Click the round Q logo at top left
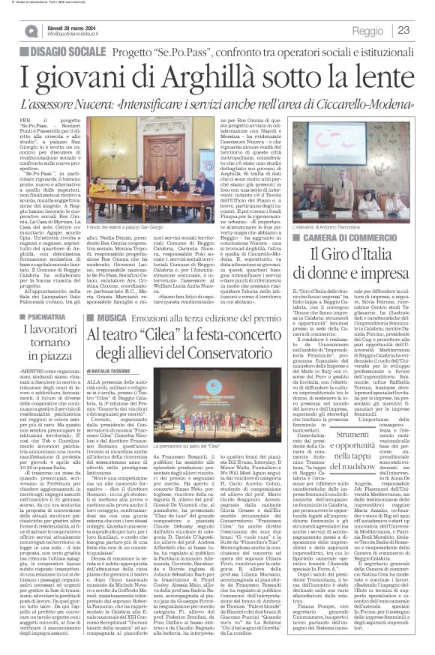click(31, 31)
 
